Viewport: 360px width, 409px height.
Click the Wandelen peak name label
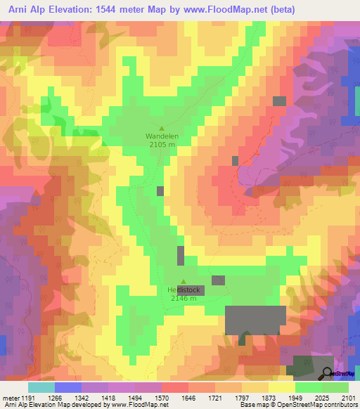162,136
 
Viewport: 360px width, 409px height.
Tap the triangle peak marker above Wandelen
162,128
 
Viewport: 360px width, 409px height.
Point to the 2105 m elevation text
162,145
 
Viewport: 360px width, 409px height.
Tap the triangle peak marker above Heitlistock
184,282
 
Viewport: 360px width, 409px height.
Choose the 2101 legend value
348,397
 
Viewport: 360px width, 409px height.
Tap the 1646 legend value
187,397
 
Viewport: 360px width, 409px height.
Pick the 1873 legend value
267,397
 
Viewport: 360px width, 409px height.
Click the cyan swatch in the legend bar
41,387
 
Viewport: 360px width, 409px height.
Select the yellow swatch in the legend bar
281,387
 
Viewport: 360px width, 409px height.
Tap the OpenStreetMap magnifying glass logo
327,372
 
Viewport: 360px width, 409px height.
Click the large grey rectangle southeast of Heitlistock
255,320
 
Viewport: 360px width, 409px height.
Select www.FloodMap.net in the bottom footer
137,405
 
